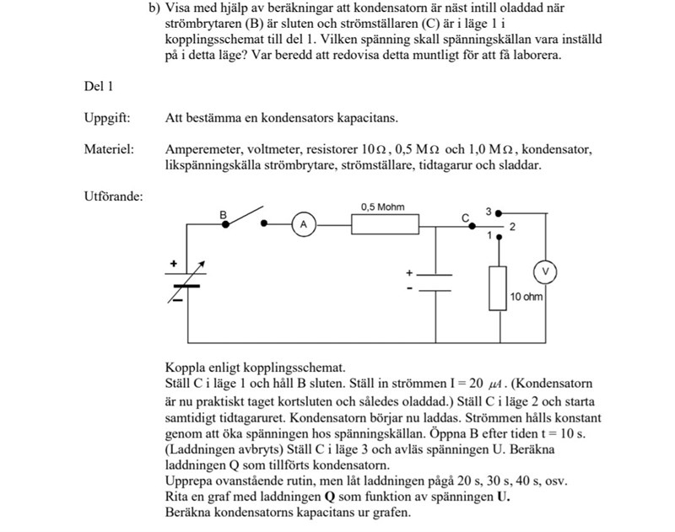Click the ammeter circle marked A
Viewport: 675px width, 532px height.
click(304, 224)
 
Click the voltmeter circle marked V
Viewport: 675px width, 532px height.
click(544, 271)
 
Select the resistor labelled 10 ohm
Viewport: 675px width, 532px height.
click(499, 287)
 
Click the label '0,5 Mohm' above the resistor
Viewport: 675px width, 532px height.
click(382, 207)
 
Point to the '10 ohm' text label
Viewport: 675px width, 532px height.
click(526, 298)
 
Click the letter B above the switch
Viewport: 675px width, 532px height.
click(224, 215)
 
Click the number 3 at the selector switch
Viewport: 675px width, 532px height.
click(488, 211)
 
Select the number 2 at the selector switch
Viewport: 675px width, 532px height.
click(511, 228)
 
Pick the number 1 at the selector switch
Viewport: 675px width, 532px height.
click(489, 236)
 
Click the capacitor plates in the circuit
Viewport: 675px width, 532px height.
click(436, 282)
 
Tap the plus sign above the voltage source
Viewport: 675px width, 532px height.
click(174, 264)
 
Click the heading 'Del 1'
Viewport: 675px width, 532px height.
click(99, 86)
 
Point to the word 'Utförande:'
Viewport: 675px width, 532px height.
click(113, 197)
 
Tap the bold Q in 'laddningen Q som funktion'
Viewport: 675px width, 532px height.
click(329, 497)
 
